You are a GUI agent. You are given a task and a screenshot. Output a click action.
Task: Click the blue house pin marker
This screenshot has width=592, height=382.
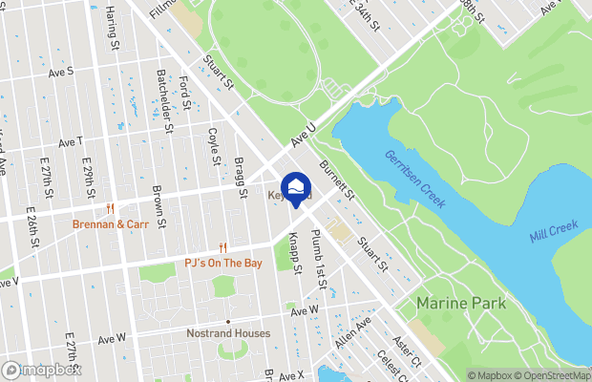click(297, 187)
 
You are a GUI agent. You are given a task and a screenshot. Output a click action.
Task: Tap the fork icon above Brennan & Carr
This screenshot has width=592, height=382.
click(112, 208)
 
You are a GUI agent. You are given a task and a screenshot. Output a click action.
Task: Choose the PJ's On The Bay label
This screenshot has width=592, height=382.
click(222, 262)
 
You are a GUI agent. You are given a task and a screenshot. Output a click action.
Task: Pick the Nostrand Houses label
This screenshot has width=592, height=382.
click(228, 333)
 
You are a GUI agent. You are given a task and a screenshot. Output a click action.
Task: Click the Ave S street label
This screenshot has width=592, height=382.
click(61, 72)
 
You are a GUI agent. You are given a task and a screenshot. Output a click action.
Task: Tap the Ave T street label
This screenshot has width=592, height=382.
click(71, 141)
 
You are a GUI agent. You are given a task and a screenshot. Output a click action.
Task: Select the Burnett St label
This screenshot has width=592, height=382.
click(337, 180)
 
